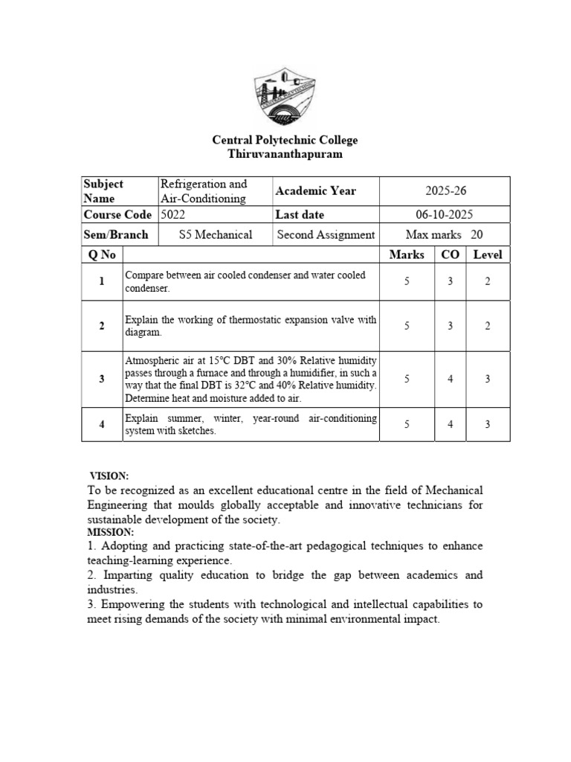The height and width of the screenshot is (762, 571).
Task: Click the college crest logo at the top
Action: [285, 95]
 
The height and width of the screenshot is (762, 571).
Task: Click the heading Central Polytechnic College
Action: [285, 140]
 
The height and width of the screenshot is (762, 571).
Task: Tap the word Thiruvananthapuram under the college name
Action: [285, 154]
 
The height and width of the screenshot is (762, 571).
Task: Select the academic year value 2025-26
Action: [445, 191]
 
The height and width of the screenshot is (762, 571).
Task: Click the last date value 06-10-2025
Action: [445, 214]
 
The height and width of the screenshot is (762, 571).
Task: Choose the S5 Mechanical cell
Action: [216, 235]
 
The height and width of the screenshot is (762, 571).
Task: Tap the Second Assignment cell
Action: [326, 235]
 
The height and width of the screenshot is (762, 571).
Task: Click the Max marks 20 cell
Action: [445, 235]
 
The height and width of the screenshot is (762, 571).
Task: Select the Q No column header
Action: [102, 254]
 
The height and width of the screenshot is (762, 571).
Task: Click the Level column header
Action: [488, 254]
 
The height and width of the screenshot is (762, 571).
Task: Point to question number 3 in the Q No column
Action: [102, 379]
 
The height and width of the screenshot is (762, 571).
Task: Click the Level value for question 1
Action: [488, 282]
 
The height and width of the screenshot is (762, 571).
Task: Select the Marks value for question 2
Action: [407, 326]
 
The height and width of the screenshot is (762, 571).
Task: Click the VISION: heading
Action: [109, 476]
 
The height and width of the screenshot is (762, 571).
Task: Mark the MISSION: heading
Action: [110, 532]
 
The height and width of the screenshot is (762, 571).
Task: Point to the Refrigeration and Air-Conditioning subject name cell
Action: [204, 191]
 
